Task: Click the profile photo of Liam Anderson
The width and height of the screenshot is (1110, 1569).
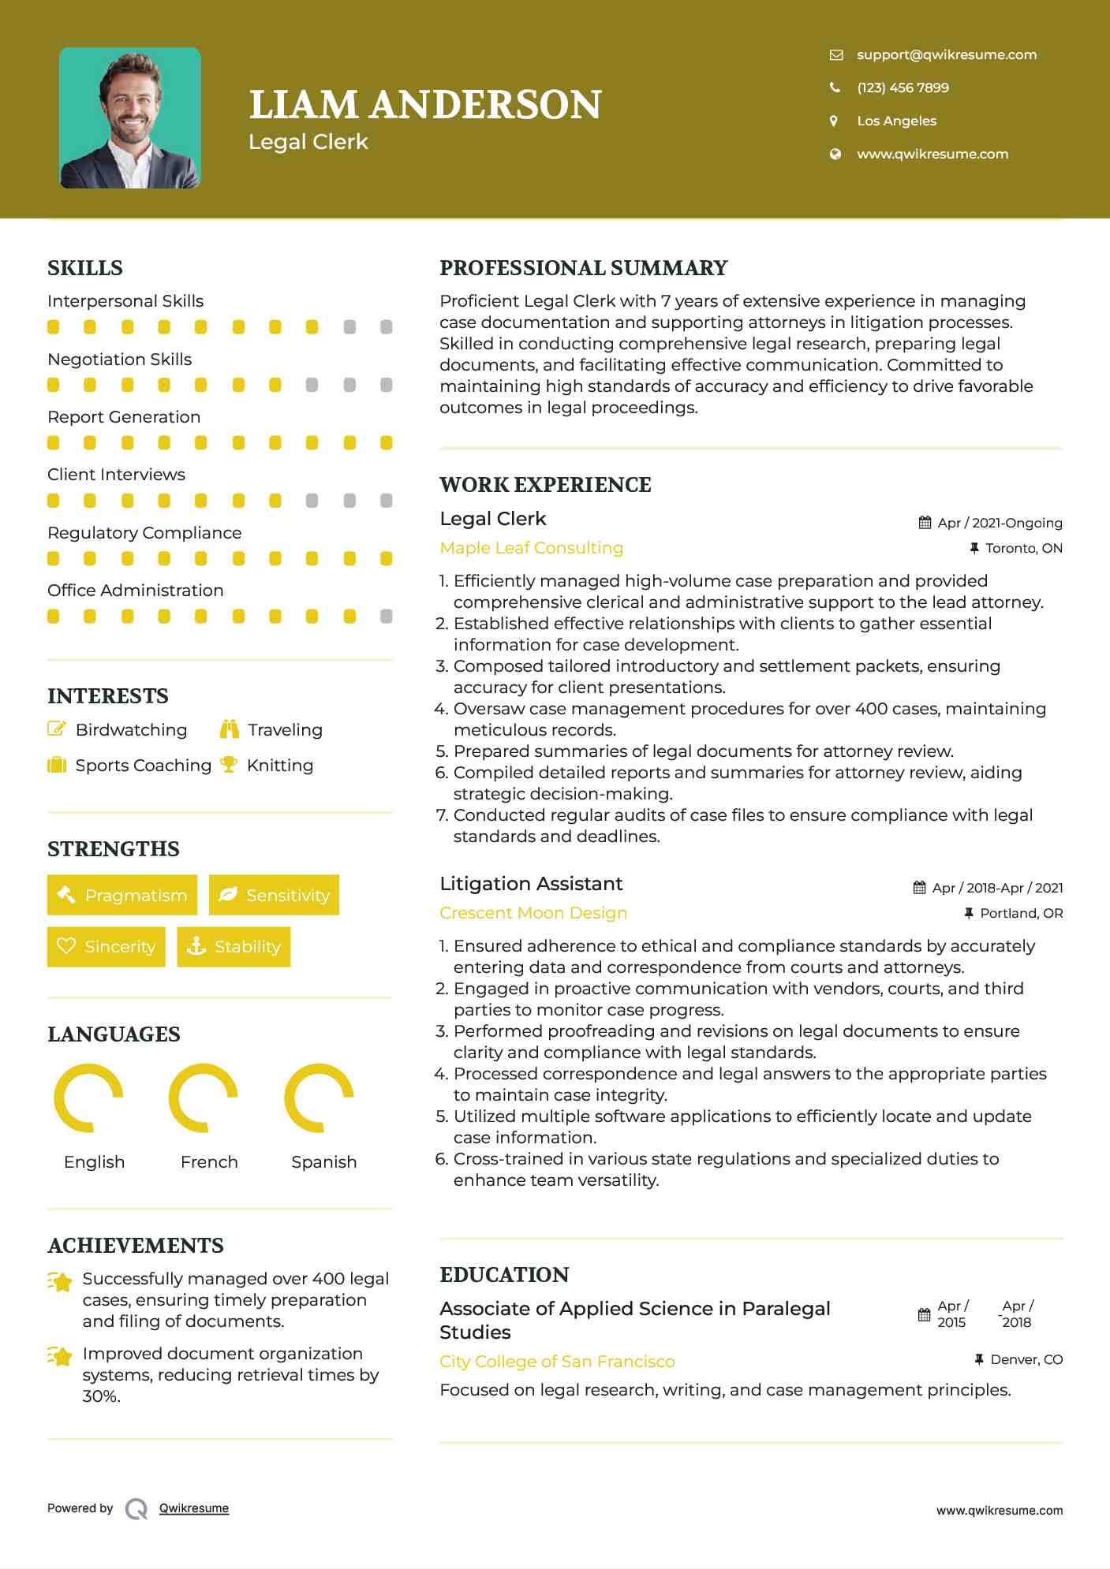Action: click(130, 118)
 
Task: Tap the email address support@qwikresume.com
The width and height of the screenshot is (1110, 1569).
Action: click(946, 54)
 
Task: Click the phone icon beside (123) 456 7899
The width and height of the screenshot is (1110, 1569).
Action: click(835, 88)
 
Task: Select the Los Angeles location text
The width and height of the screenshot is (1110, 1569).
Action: click(896, 121)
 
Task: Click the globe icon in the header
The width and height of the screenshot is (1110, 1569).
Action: click(835, 154)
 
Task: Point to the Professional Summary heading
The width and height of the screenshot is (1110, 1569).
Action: click(583, 268)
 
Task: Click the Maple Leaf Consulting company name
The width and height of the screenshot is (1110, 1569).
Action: click(531, 548)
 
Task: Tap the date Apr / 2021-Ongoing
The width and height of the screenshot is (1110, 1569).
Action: click(999, 523)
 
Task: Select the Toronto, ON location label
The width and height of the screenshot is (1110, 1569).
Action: click(1023, 548)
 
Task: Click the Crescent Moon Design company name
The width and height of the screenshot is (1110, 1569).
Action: click(533, 913)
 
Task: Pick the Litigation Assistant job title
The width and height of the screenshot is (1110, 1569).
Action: click(531, 884)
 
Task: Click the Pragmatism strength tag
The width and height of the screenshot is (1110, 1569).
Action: click(122, 895)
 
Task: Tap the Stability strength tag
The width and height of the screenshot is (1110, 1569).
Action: click(234, 946)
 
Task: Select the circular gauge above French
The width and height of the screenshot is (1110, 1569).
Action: click(204, 1098)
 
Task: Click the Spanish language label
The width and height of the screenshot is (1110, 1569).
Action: click(323, 1162)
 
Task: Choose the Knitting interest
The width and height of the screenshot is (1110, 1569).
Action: click(279, 766)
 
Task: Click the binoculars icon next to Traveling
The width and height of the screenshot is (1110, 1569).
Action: click(230, 729)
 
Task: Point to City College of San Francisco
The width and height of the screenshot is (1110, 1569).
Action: click(557, 1362)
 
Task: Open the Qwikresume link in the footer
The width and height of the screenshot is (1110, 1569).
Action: click(194, 1508)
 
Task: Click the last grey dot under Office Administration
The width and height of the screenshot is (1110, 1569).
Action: click(386, 617)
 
